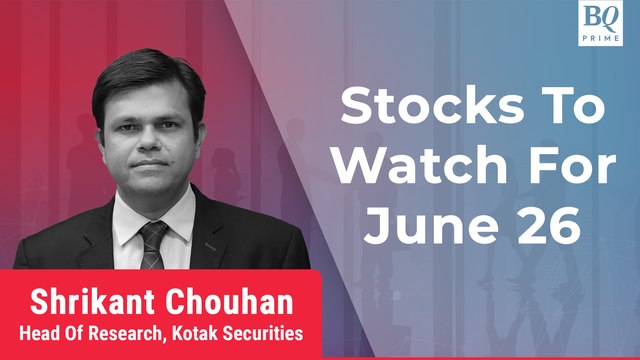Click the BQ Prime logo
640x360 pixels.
point(604,22)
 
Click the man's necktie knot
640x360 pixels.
point(152,232)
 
